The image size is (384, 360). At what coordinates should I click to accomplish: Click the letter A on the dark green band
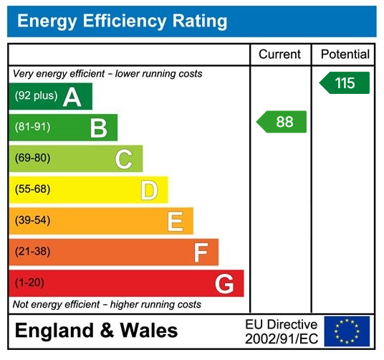coord(72,97)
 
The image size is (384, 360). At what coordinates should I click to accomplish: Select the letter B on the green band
coord(98,128)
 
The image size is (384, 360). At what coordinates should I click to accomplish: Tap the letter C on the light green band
coord(124,158)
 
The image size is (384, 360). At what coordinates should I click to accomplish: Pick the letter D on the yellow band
coord(149,190)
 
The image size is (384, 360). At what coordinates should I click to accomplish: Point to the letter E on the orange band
coord(175,221)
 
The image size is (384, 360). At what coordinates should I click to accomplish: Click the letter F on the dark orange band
coord(201,252)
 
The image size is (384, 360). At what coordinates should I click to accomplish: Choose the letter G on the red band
coord(225,284)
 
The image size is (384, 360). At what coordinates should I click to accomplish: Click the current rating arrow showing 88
coord(282,122)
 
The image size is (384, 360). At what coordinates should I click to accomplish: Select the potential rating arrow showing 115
coord(345,83)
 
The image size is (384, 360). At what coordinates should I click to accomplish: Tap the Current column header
coord(280,55)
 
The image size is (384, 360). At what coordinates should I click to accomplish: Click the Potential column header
coord(345,55)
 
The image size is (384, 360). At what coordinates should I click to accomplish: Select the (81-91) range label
coord(32,128)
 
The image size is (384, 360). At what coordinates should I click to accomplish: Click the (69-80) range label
coord(32,158)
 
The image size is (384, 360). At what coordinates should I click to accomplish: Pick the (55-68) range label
coord(32,190)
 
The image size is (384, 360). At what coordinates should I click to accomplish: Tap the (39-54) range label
coord(32,221)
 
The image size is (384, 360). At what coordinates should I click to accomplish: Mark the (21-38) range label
coord(32,252)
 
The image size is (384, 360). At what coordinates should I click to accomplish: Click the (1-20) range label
coord(29,283)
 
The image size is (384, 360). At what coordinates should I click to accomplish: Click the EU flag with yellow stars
coord(347,331)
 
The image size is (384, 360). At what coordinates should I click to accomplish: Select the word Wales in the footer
coord(148,331)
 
